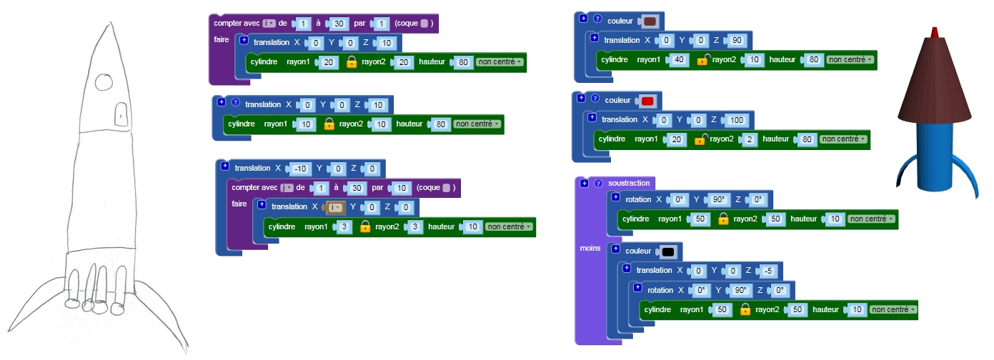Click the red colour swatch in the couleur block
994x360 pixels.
tap(647, 101)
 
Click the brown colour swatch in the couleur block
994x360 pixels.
tap(650, 21)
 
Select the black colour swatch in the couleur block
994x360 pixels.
tap(668, 252)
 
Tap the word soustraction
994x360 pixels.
tap(629, 183)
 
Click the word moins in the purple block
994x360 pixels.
tap(590, 249)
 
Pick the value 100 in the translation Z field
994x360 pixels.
tap(736, 120)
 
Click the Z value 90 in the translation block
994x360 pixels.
tap(737, 40)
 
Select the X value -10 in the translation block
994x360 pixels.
tap(300, 169)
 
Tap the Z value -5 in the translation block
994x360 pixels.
tap(768, 271)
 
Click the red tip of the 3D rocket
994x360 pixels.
tap(934, 32)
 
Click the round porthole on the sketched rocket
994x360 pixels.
tap(104, 82)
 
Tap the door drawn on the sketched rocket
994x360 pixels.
tap(121, 114)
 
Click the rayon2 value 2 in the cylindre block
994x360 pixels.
tap(749, 139)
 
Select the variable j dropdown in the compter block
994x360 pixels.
tap(287, 188)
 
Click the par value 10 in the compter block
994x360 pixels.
tap(401, 188)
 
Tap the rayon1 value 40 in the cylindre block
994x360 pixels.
tap(679, 60)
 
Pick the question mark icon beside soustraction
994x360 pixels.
tap(598, 183)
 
